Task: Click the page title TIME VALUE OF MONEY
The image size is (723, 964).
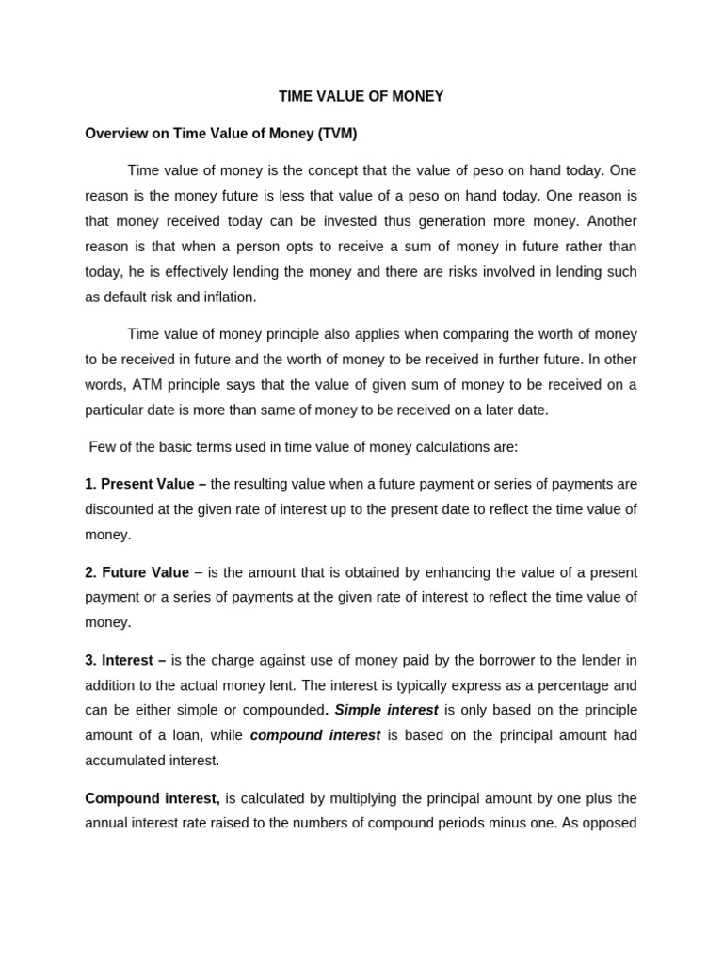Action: click(x=361, y=96)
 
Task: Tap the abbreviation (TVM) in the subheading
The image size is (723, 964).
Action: click(x=337, y=134)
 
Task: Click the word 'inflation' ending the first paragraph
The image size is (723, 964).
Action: click(x=226, y=297)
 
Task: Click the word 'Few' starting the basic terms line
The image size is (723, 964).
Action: click(x=102, y=446)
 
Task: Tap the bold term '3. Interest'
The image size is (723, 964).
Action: click(x=120, y=660)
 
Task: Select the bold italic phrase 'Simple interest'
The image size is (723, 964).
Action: click(x=386, y=710)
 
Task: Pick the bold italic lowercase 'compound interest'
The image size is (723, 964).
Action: click(x=314, y=735)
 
